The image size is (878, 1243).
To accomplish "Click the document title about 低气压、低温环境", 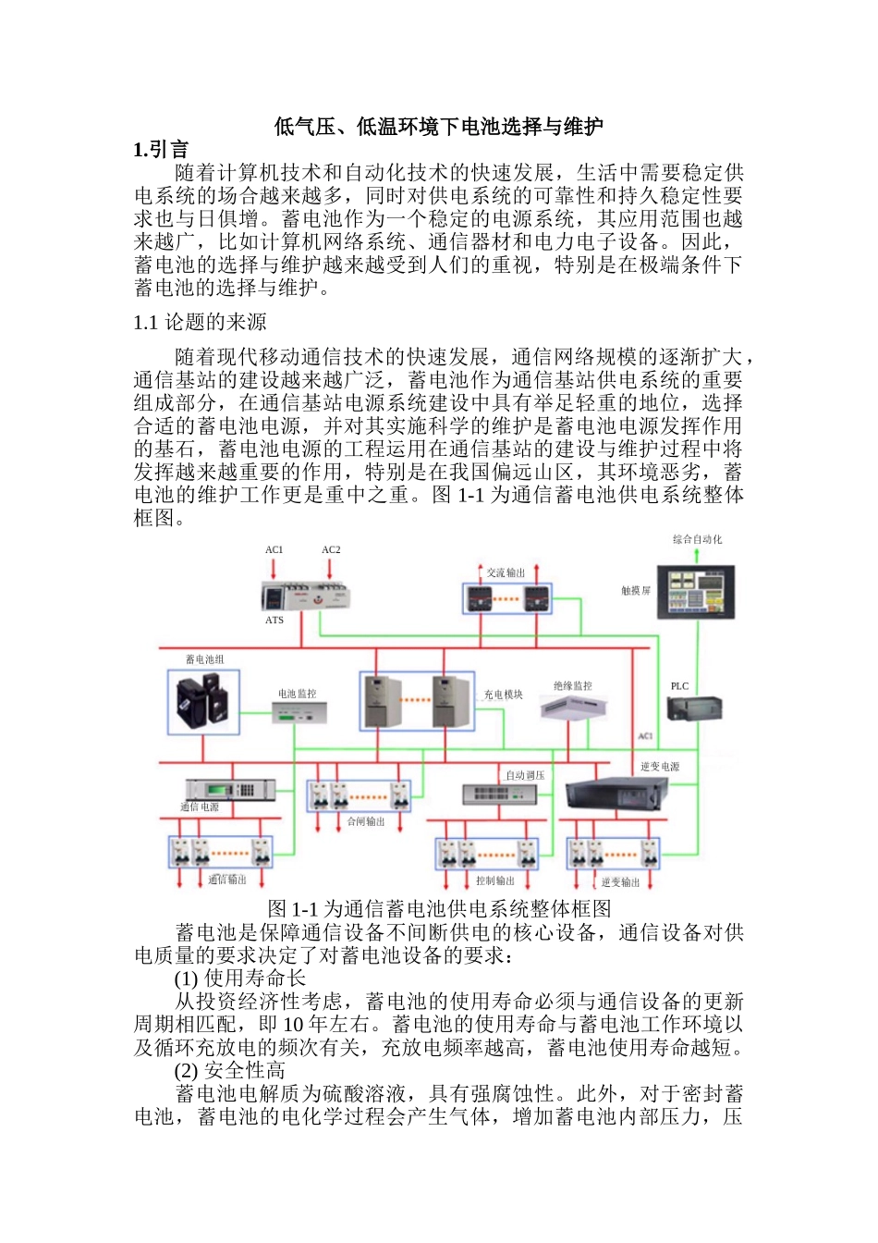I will point(438,127).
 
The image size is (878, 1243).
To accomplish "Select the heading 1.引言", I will point(161,150).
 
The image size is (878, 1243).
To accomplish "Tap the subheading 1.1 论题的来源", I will point(200,322).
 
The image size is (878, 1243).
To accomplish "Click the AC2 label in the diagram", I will point(331,549).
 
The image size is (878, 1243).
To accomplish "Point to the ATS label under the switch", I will point(274,620).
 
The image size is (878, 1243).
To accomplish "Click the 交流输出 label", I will point(506,573).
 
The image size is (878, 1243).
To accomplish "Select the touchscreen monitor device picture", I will point(701,590).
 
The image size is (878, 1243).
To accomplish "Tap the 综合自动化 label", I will point(698,539).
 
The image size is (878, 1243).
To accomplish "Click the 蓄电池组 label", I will point(204,659).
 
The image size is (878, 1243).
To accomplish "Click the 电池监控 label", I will point(297,694).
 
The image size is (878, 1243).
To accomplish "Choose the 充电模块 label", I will point(503,695).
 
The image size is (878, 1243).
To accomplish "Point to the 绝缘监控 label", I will point(573,685).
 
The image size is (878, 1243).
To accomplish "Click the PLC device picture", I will point(693,708).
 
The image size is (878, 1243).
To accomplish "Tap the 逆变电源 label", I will point(660,767).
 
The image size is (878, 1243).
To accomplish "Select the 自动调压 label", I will point(525,775).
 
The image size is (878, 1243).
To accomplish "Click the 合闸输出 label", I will point(365,821).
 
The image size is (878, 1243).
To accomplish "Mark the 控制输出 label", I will point(494,881).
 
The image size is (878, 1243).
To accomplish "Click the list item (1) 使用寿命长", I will point(240,978).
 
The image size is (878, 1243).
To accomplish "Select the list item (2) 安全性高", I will point(230,1070).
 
